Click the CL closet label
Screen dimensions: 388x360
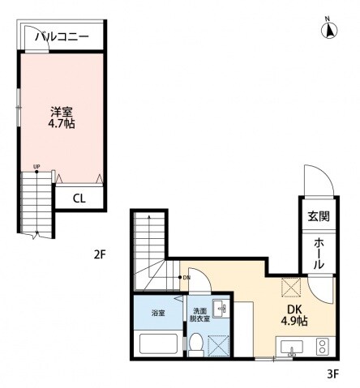tap(79, 198)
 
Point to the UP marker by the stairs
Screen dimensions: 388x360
tap(36, 168)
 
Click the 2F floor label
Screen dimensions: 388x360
tap(100, 253)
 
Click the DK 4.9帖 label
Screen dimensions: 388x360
tap(294, 314)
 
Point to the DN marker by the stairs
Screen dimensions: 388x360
tap(185, 278)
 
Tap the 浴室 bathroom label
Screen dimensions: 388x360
tap(158, 312)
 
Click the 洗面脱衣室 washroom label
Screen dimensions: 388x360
tap(199, 315)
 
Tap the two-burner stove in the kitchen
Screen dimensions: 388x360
tap(320, 347)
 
